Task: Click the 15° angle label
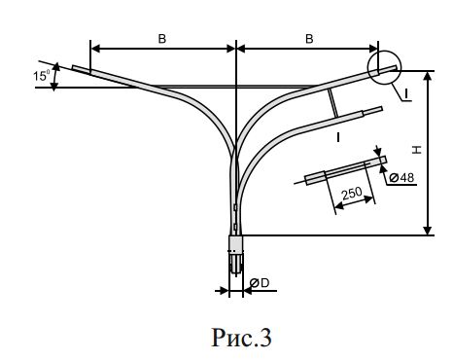click(x=42, y=76)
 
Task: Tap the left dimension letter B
click(x=162, y=39)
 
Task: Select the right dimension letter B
click(x=309, y=39)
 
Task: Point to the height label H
click(x=416, y=150)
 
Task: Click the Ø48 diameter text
click(x=401, y=178)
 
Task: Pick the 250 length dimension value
click(x=352, y=193)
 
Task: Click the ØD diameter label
click(x=260, y=283)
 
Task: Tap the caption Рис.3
click(x=241, y=338)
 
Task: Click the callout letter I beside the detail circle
click(x=405, y=94)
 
